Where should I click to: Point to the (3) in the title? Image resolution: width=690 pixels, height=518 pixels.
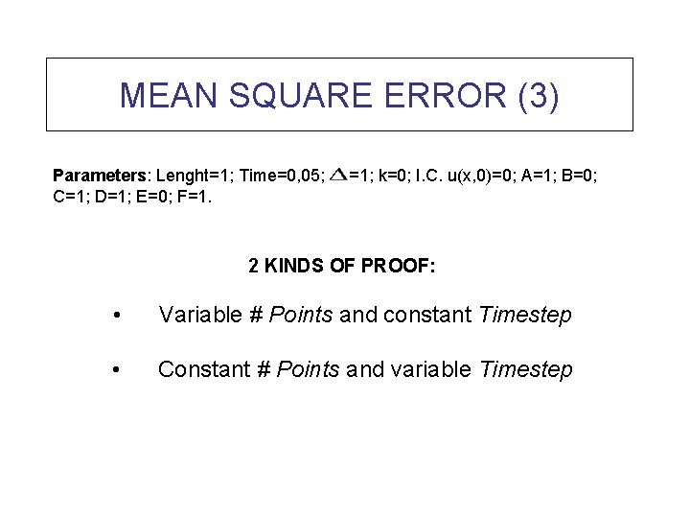coord(538,95)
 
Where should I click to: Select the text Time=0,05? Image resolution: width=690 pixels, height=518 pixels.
coord(283,176)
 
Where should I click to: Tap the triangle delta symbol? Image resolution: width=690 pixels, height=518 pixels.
coord(337,175)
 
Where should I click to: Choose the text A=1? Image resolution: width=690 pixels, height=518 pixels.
coord(544,176)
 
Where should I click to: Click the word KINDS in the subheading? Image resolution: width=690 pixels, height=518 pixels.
coord(296,266)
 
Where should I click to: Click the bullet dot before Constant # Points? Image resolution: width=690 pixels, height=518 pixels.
coord(115,370)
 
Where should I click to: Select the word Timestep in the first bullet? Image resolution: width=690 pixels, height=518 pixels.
coord(525,315)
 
